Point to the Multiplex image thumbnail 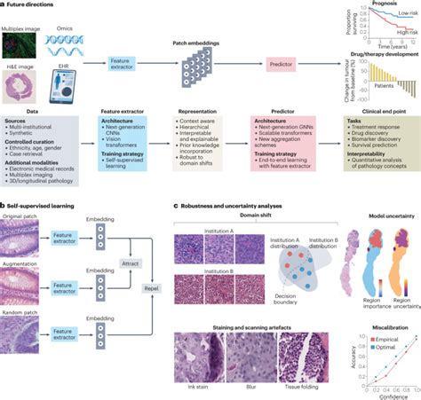(20, 46)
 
